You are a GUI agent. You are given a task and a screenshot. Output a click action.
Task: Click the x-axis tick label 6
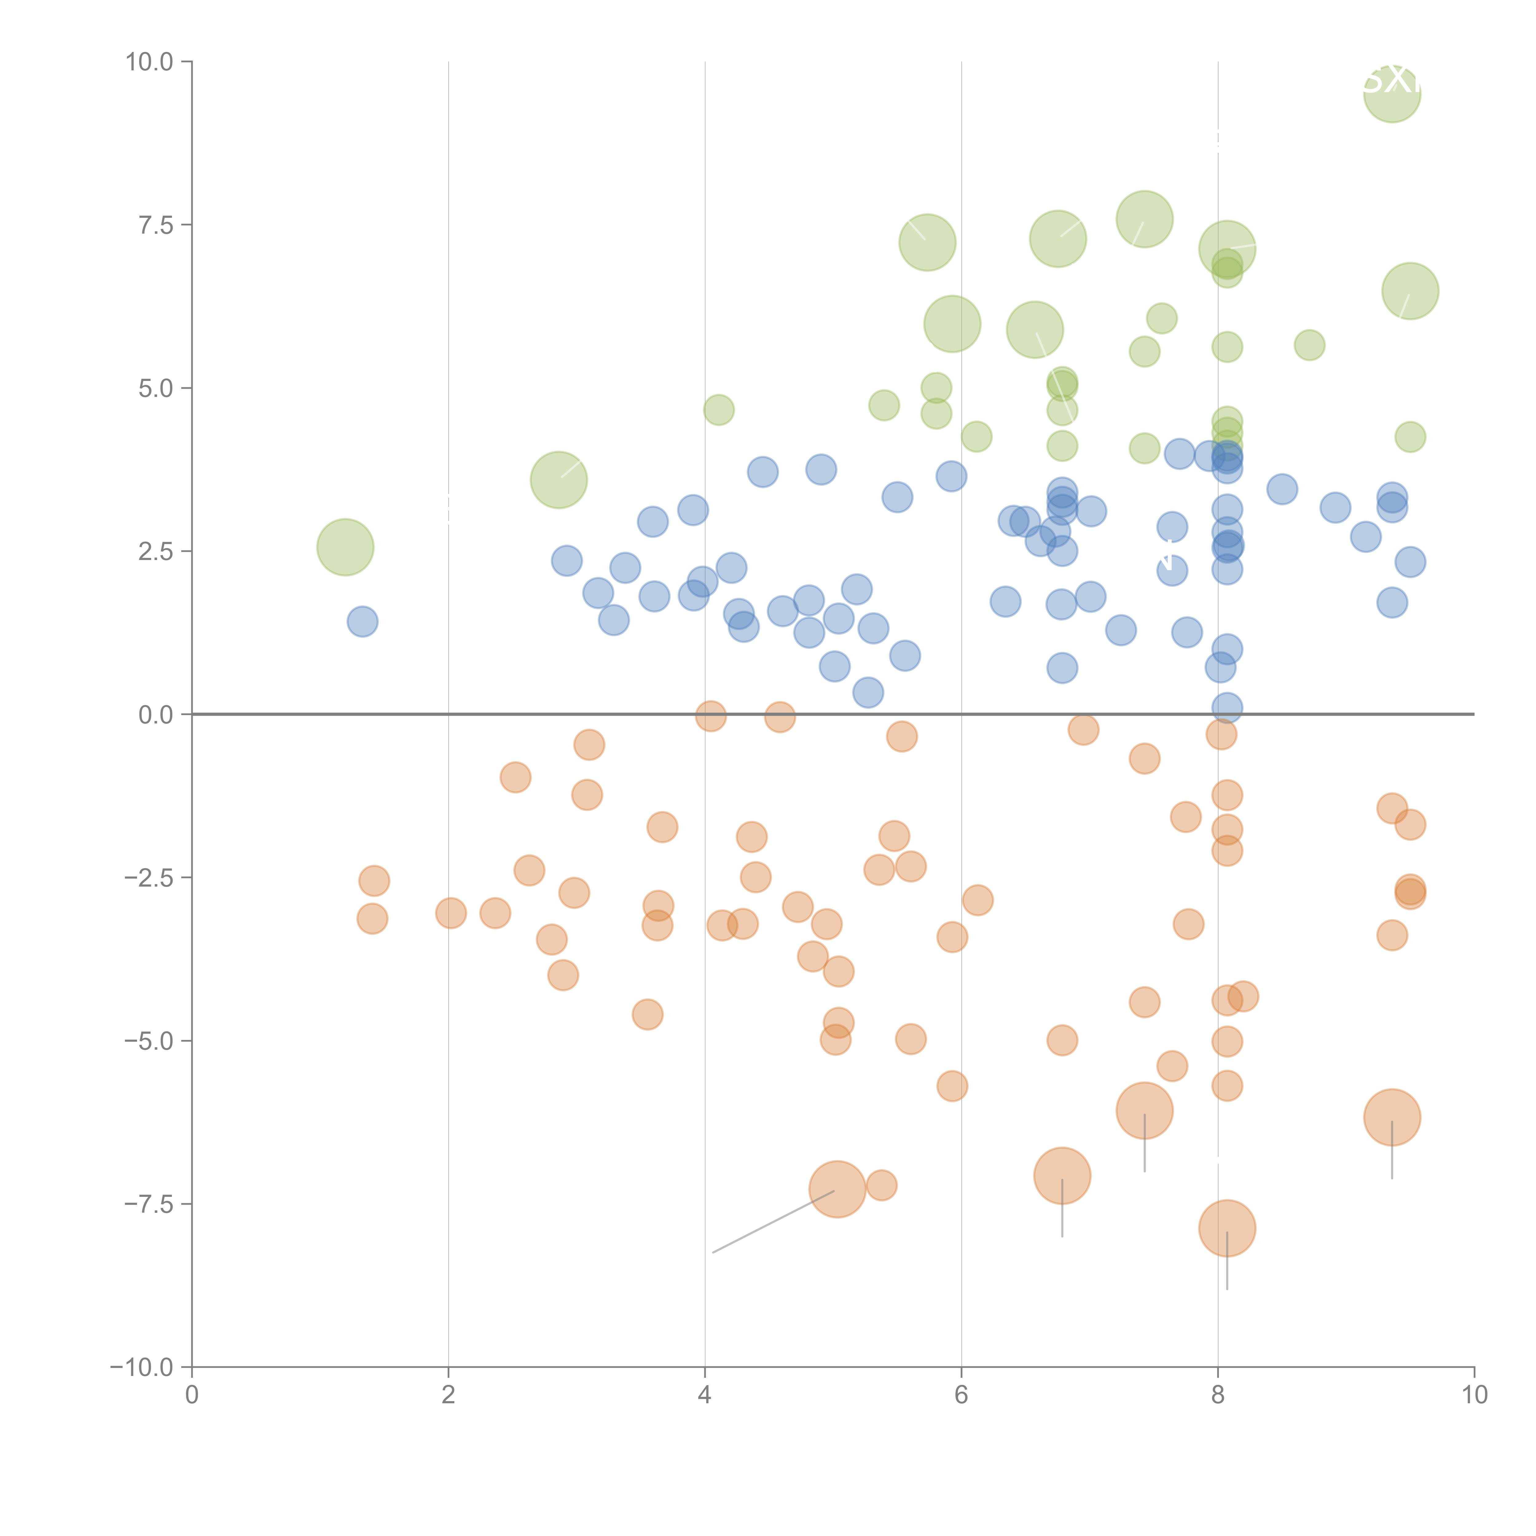pos(961,1395)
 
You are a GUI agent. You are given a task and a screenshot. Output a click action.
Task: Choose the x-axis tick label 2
pos(449,1395)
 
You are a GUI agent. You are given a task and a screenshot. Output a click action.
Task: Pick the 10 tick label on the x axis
pos(1474,1395)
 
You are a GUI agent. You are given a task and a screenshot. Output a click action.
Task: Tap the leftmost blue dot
pos(362,621)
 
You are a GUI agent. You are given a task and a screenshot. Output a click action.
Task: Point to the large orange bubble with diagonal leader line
pos(837,1189)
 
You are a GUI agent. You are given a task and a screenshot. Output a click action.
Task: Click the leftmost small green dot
pos(719,409)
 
